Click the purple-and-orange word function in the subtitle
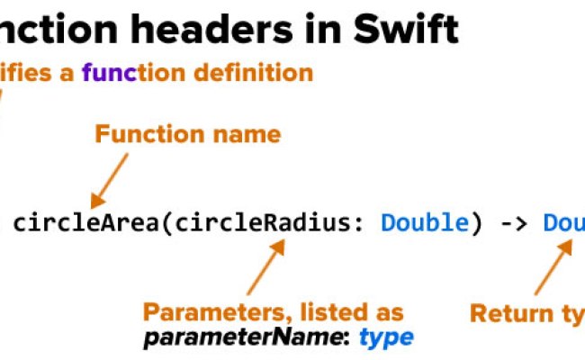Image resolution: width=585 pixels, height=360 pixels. tap(121, 73)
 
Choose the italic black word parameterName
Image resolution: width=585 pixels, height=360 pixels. tap(244, 338)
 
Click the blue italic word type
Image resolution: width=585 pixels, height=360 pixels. tap(386, 338)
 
